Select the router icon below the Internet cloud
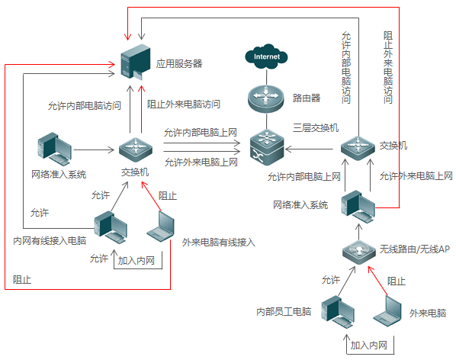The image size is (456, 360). click(x=267, y=97)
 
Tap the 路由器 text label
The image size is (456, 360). click(x=306, y=98)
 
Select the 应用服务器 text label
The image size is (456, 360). click(x=179, y=64)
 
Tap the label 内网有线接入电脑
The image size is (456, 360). click(x=50, y=242)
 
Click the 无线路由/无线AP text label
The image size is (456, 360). click(x=414, y=249)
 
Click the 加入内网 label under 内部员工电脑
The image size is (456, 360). click(x=369, y=346)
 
